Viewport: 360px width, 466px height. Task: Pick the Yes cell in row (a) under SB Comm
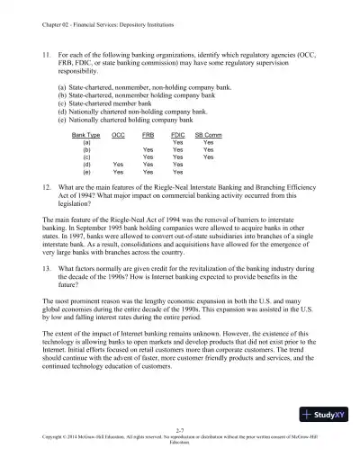(208, 141)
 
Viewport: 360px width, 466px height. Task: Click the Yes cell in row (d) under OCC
(118, 165)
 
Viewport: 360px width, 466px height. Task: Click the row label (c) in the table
(85, 157)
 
